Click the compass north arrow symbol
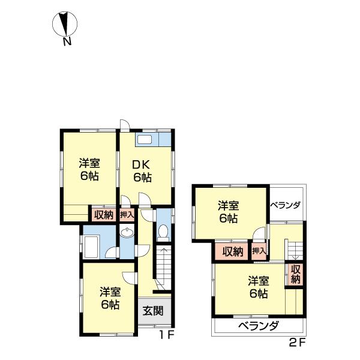(x=65, y=23)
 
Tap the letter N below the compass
(x=67, y=41)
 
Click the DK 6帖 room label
(x=142, y=171)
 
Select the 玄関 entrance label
(x=152, y=311)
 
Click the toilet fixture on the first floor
(x=163, y=233)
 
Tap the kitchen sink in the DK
(x=144, y=139)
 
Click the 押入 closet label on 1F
(x=127, y=215)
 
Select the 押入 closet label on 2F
(x=259, y=251)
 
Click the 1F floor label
(x=167, y=335)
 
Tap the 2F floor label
(x=298, y=343)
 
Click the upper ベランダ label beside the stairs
(x=285, y=205)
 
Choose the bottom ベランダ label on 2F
(x=258, y=326)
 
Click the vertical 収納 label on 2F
(x=296, y=274)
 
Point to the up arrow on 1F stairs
(x=164, y=264)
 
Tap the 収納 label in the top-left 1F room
(x=104, y=215)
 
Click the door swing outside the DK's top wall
(x=125, y=125)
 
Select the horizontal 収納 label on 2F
(x=233, y=251)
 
